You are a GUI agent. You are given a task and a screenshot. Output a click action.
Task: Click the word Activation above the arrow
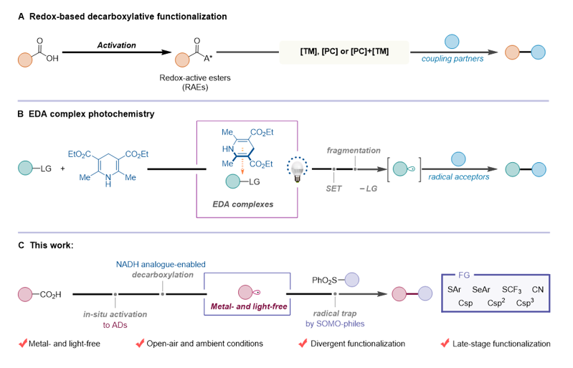click(x=117, y=44)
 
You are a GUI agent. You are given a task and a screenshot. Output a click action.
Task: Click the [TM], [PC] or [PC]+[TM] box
click(x=344, y=52)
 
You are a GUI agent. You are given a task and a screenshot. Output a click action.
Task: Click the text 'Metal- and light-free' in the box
click(x=245, y=308)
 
